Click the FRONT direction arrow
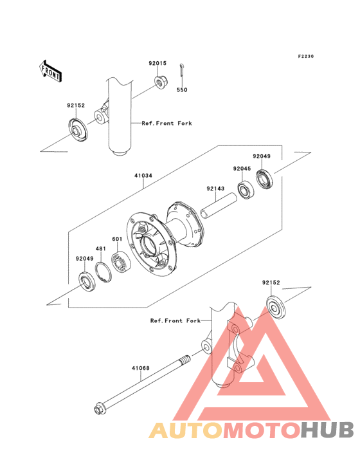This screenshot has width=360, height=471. [50, 71]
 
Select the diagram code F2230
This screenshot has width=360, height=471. [306, 56]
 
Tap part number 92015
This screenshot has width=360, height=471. [157, 64]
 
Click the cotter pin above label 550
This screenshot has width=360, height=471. [182, 72]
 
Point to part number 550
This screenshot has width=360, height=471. [182, 90]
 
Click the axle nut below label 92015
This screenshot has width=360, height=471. [161, 82]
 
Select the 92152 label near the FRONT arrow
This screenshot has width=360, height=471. [76, 106]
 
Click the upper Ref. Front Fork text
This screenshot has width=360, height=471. [166, 123]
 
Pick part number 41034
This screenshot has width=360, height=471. [143, 176]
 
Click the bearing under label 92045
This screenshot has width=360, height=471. [246, 190]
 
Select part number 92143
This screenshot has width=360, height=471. [215, 189]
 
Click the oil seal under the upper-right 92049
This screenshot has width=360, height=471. [265, 180]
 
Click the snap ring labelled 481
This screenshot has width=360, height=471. [104, 272]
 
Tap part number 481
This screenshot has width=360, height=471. [100, 249]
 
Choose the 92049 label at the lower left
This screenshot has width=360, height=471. [85, 259]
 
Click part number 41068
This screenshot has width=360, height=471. [140, 368]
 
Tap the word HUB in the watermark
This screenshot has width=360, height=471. [328, 430]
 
